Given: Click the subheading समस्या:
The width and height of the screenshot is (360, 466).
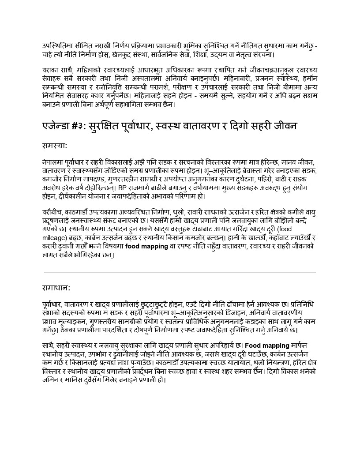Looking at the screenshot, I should pyautogui.click(x=55, y=145).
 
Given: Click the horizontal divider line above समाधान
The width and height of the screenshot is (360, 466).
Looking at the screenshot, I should pyautogui.click(x=180, y=272).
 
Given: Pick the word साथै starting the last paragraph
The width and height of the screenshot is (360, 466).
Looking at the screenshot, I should pyautogui.click(x=49, y=345).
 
